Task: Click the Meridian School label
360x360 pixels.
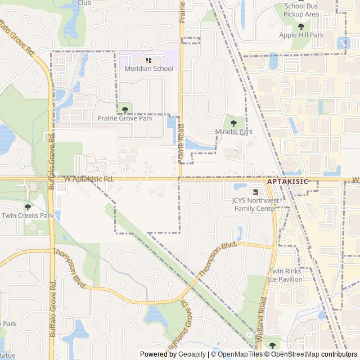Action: click(148, 69)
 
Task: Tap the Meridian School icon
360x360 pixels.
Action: click(148, 60)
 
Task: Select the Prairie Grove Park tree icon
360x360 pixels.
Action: click(125, 110)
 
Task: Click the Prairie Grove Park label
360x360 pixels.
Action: click(125, 119)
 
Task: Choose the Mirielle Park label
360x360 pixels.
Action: click(234, 132)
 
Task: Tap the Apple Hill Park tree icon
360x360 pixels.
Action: click(301, 26)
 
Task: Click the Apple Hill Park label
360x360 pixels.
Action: click(301, 35)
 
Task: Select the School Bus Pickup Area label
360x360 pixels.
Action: click(301, 10)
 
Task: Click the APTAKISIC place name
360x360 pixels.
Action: click(287, 181)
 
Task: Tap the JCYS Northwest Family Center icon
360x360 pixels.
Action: click(255, 192)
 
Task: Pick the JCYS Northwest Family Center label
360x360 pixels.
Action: click(255, 205)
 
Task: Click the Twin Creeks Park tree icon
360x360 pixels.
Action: click(28, 206)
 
